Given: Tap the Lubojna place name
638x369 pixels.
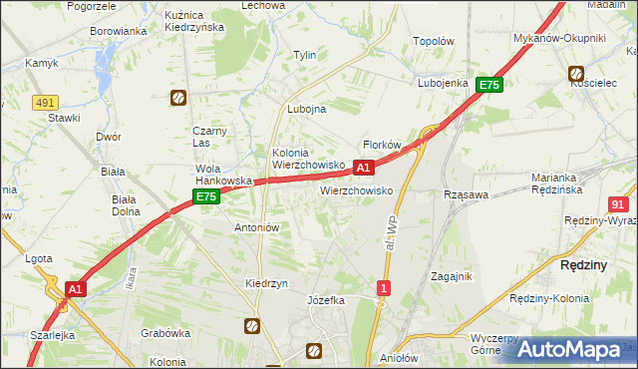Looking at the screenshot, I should click(306, 110).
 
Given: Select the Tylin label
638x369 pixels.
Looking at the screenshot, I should click(304, 56).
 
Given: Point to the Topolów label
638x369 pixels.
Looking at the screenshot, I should click(434, 43).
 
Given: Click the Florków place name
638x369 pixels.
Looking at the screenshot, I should click(381, 145).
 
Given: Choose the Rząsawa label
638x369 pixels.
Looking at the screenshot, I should click(465, 195).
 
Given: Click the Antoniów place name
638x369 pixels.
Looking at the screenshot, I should click(256, 227).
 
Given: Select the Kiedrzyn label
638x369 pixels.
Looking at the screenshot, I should click(266, 283).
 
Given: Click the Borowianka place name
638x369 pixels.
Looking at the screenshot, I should click(119, 31).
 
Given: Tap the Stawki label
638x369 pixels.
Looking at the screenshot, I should click(64, 118).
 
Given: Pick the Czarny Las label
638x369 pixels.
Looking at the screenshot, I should click(211, 137).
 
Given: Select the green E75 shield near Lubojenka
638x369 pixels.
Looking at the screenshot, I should click(488, 86).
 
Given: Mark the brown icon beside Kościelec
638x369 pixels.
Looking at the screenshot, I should click(576, 73).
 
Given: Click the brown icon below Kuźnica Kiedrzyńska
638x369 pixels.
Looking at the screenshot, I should click(177, 98).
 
